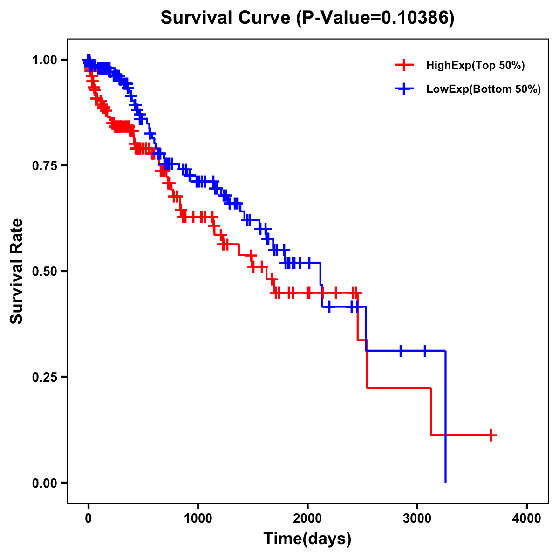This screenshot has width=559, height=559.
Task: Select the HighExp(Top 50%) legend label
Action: pyautogui.click(x=475, y=66)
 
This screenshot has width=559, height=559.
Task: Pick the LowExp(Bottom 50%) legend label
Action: pyautogui.click(x=484, y=89)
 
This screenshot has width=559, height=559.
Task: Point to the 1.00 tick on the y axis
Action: pyautogui.click(x=44, y=60)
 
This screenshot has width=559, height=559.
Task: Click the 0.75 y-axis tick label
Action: pyautogui.click(x=44, y=165)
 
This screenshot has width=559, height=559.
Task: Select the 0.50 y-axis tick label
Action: pyautogui.click(x=44, y=271)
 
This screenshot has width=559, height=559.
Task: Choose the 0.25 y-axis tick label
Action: pyautogui.click(x=44, y=377)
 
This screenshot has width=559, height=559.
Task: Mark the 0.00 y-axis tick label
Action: pyautogui.click(x=44, y=483)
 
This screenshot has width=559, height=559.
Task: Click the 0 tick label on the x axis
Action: pyautogui.click(x=89, y=518)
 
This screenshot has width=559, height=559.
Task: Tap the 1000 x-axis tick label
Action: pyautogui.click(x=198, y=518)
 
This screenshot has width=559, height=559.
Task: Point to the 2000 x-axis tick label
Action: pyautogui.click(x=307, y=518)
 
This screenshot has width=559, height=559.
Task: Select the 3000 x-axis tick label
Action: pyautogui.click(x=417, y=518)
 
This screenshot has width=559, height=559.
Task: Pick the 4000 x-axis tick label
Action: pyautogui.click(x=527, y=518)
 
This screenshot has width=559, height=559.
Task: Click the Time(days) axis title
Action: pyautogui.click(x=307, y=539)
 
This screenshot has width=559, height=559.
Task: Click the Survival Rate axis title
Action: pyautogui.click(x=17, y=271)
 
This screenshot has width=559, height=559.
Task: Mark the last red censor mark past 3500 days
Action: pyautogui.click(x=491, y=435)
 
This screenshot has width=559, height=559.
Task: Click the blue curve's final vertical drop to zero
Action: pyautogui.click(x=446, y=419)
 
